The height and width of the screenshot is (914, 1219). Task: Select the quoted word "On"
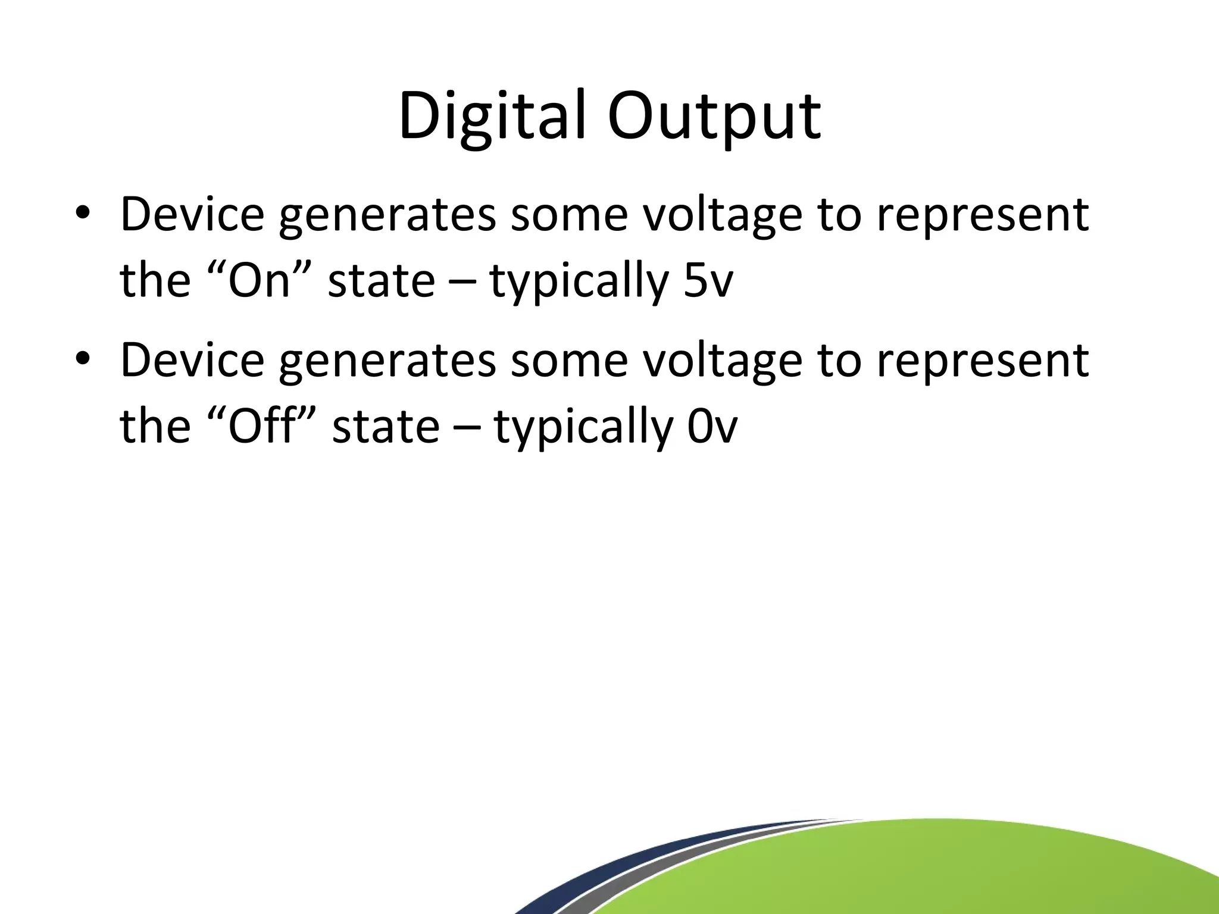[258, 280]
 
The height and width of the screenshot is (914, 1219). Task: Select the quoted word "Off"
[261, 427]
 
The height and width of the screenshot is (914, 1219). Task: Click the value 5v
[708, 280]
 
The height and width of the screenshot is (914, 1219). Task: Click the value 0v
[712, 427]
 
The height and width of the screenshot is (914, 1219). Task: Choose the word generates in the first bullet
[387, 215]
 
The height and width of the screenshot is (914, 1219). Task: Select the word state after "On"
[381, 280]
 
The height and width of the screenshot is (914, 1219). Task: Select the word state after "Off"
[385, 427]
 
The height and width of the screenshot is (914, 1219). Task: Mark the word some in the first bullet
[569, 215]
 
